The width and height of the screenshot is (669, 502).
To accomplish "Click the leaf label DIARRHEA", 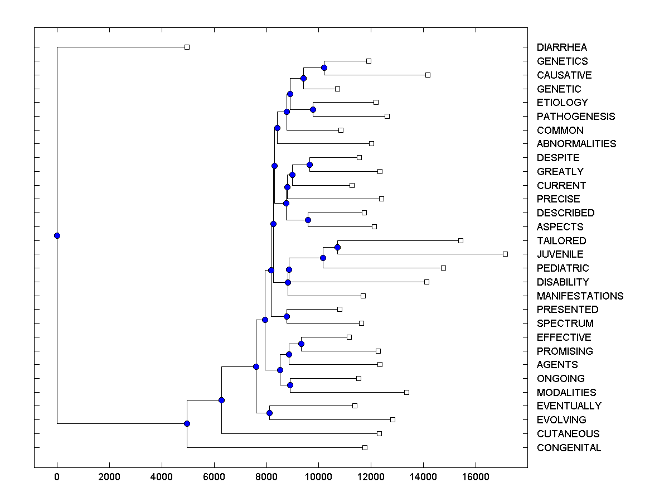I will pyautogui.click(x=561, y=47).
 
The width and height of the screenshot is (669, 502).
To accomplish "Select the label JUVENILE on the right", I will pyautogui.click(x=560, y=254).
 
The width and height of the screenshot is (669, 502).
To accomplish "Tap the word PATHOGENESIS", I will pyautogui.click(x=576, y=117).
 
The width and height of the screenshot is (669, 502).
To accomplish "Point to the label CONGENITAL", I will pyautogui.click(x=569, y=448).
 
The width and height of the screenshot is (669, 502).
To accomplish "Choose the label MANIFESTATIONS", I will pyautogui.click(x=580, y=296).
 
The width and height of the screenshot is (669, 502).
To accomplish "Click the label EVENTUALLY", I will pyautogui.click(x=569, y=406).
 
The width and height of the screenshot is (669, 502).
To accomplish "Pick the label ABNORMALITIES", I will pyautogui.click(x=576, y=144).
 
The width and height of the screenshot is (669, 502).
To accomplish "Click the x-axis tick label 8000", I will pyautogui.click(x=266, y=477).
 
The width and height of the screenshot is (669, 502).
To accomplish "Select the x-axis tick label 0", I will pyautogui.click(x=57, y=477).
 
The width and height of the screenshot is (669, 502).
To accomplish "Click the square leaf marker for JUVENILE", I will pyautogui.click(x=505, y=254).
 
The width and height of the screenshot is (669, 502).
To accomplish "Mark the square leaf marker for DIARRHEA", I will pyautogui.click(x=187, y=47).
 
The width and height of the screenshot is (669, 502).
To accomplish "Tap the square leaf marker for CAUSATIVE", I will pyautogui.click(x=428, y=75).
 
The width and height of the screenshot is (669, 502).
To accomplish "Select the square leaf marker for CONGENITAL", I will pyautogui.click(x=365, y=447).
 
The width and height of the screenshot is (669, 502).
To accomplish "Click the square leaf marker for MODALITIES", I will pyautogui.click(x=406, y=392).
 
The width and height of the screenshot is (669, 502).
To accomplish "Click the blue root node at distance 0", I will pyautogui.click(x=57, y=235).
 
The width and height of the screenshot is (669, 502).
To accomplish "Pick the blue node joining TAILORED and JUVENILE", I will pyautogui.click(x=337, y=247).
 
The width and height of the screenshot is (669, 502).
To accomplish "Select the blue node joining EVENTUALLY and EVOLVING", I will pyautogui.click(x=269, y=413).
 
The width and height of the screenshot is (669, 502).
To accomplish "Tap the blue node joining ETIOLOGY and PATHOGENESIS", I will pyautogui.click(x=313, y=109).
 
